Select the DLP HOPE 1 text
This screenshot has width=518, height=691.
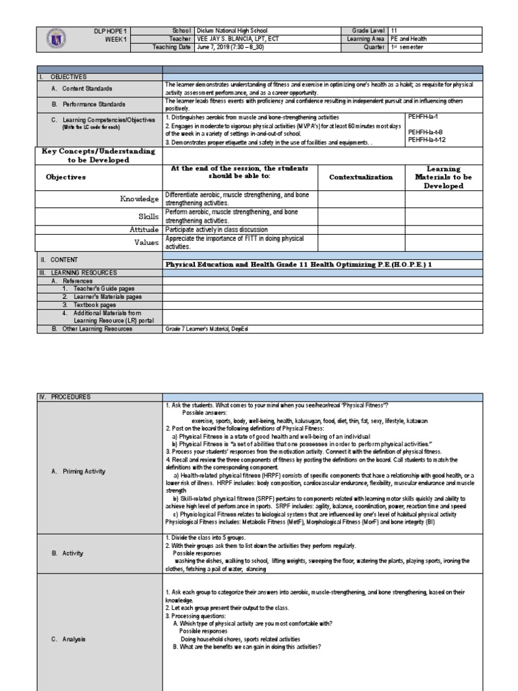click(x=111, y=30)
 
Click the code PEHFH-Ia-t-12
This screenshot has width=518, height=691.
click(x=426, y=140)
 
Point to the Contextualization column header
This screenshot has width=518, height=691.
click(x=361, y=177)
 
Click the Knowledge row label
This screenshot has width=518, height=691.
click(x=139, y=198)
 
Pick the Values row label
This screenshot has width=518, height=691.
click(x=146, y=242)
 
